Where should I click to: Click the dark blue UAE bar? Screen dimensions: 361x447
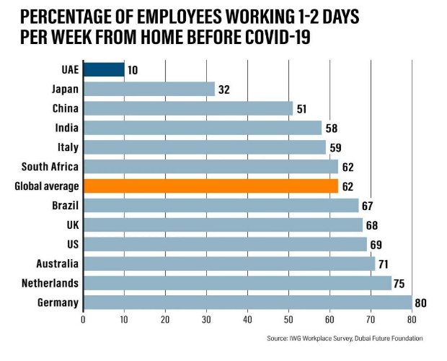pos(104,70)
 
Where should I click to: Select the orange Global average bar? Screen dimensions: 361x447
pos(211,186)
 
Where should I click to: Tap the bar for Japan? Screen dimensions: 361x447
pos(149,90)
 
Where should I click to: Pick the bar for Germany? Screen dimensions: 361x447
pos(247,303)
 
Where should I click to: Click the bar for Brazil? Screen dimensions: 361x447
pos(221,206)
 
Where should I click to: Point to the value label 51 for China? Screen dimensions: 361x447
pos(302,109)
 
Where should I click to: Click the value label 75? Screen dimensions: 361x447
pos(400,283)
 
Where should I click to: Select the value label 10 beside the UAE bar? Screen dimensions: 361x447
pos(133,70)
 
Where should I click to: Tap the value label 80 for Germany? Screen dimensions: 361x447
pos(421,303)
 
